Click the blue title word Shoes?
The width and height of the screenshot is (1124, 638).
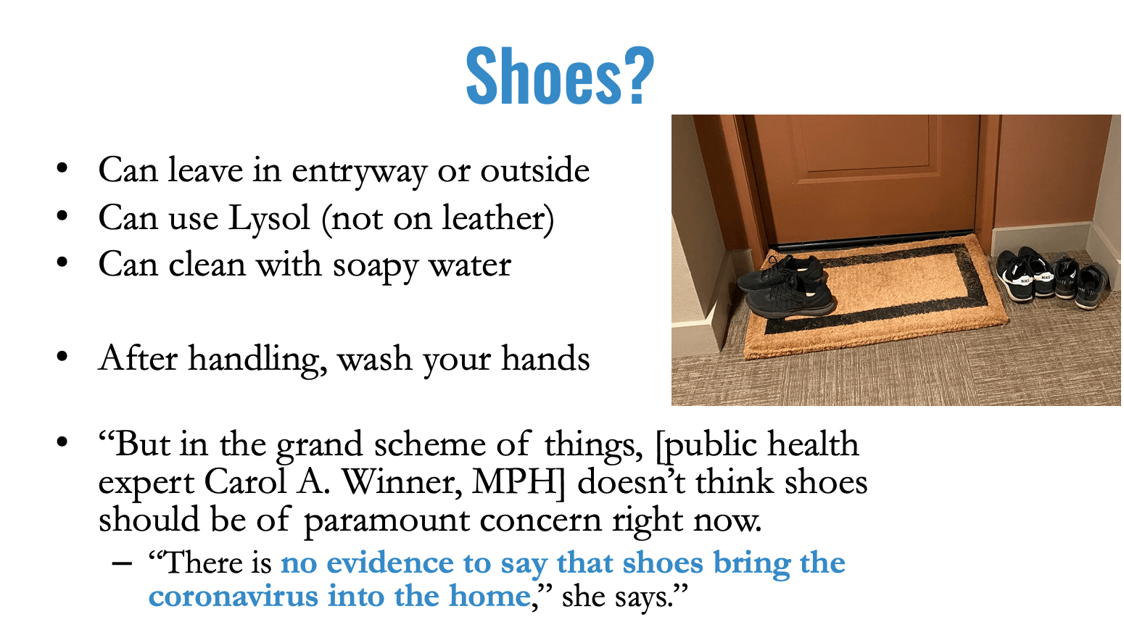[560, 75]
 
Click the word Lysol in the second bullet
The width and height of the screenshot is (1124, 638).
[269, 219]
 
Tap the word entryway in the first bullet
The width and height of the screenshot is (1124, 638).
[359, 172]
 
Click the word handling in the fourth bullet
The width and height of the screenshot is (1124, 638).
[257, 360]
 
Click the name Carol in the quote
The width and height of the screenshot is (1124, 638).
[245, 482]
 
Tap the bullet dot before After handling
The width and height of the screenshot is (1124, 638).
[62, 357]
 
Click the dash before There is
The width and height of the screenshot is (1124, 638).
[123, 563]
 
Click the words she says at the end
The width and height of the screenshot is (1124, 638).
[617, 597]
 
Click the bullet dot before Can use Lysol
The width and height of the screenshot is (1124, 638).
[62, 216]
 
